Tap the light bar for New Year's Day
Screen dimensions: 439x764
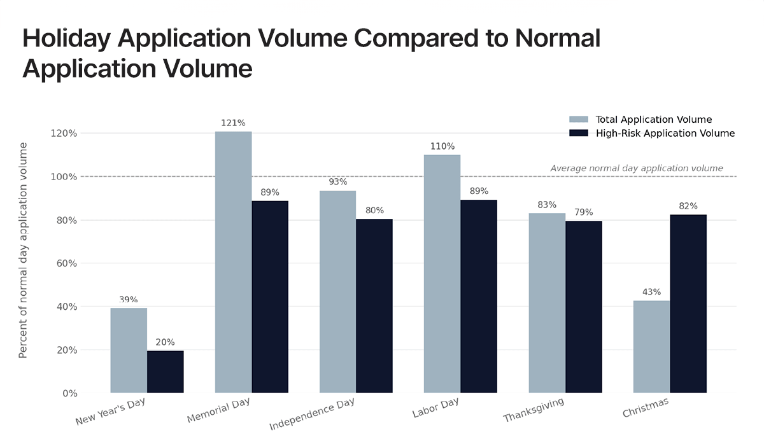coord(129,350)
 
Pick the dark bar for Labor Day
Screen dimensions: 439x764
coord(478,296)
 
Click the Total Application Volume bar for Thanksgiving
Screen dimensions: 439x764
coord(547,303)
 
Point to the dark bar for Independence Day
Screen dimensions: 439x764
coord(374,305)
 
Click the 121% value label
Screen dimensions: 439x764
coord(233,123)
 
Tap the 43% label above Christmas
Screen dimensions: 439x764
coord(652,292)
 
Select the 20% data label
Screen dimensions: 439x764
coord(165,342)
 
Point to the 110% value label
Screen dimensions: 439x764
coord(442,146)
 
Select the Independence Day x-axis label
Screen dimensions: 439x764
coord(313,414)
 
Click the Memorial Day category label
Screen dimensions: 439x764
coord(218,410)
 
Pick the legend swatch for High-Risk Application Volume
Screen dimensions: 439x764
coord(579,133)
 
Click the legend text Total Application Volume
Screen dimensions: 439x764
coord(653,120)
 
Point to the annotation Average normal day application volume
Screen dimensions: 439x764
coord(637,169)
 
